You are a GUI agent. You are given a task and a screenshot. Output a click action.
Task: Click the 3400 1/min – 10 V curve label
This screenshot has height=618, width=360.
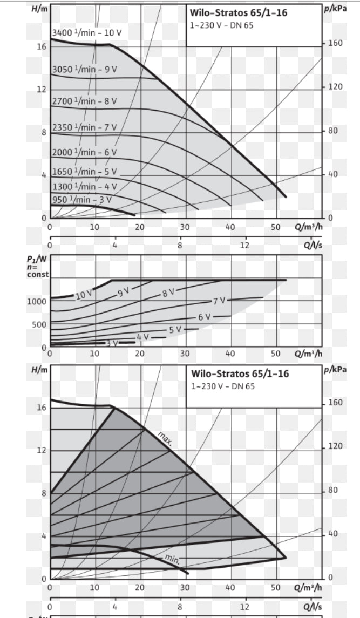pos(87,33)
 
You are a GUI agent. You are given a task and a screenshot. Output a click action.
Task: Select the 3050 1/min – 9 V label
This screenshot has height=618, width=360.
pos(84,70)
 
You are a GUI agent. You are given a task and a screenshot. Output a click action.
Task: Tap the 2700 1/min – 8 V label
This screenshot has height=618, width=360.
pos(84,101)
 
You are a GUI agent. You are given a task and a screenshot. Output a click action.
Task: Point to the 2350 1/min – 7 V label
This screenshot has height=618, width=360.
pos(84,127)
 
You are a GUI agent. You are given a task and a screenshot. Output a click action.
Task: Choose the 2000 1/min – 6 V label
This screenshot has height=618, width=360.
pos(84,152)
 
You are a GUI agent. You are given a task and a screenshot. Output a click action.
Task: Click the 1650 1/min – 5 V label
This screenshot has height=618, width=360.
pos(84,172)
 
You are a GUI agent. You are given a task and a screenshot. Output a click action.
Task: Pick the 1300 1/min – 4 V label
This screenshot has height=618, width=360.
pos(84,186)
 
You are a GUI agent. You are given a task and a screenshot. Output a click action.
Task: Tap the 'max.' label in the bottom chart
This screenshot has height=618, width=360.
pos(165,439)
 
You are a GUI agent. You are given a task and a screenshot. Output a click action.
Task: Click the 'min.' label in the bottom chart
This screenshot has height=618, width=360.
pos(172,557)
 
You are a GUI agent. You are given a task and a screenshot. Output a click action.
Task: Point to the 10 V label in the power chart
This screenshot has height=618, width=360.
pos(84,295)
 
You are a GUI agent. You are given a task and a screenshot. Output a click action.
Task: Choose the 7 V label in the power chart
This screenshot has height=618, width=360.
pos(219,301)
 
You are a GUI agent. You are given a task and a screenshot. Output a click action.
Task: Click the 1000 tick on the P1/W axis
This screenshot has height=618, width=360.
pos(37,301)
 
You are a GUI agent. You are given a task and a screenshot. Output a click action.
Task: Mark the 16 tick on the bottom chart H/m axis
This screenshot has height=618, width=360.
pos(41,408)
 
